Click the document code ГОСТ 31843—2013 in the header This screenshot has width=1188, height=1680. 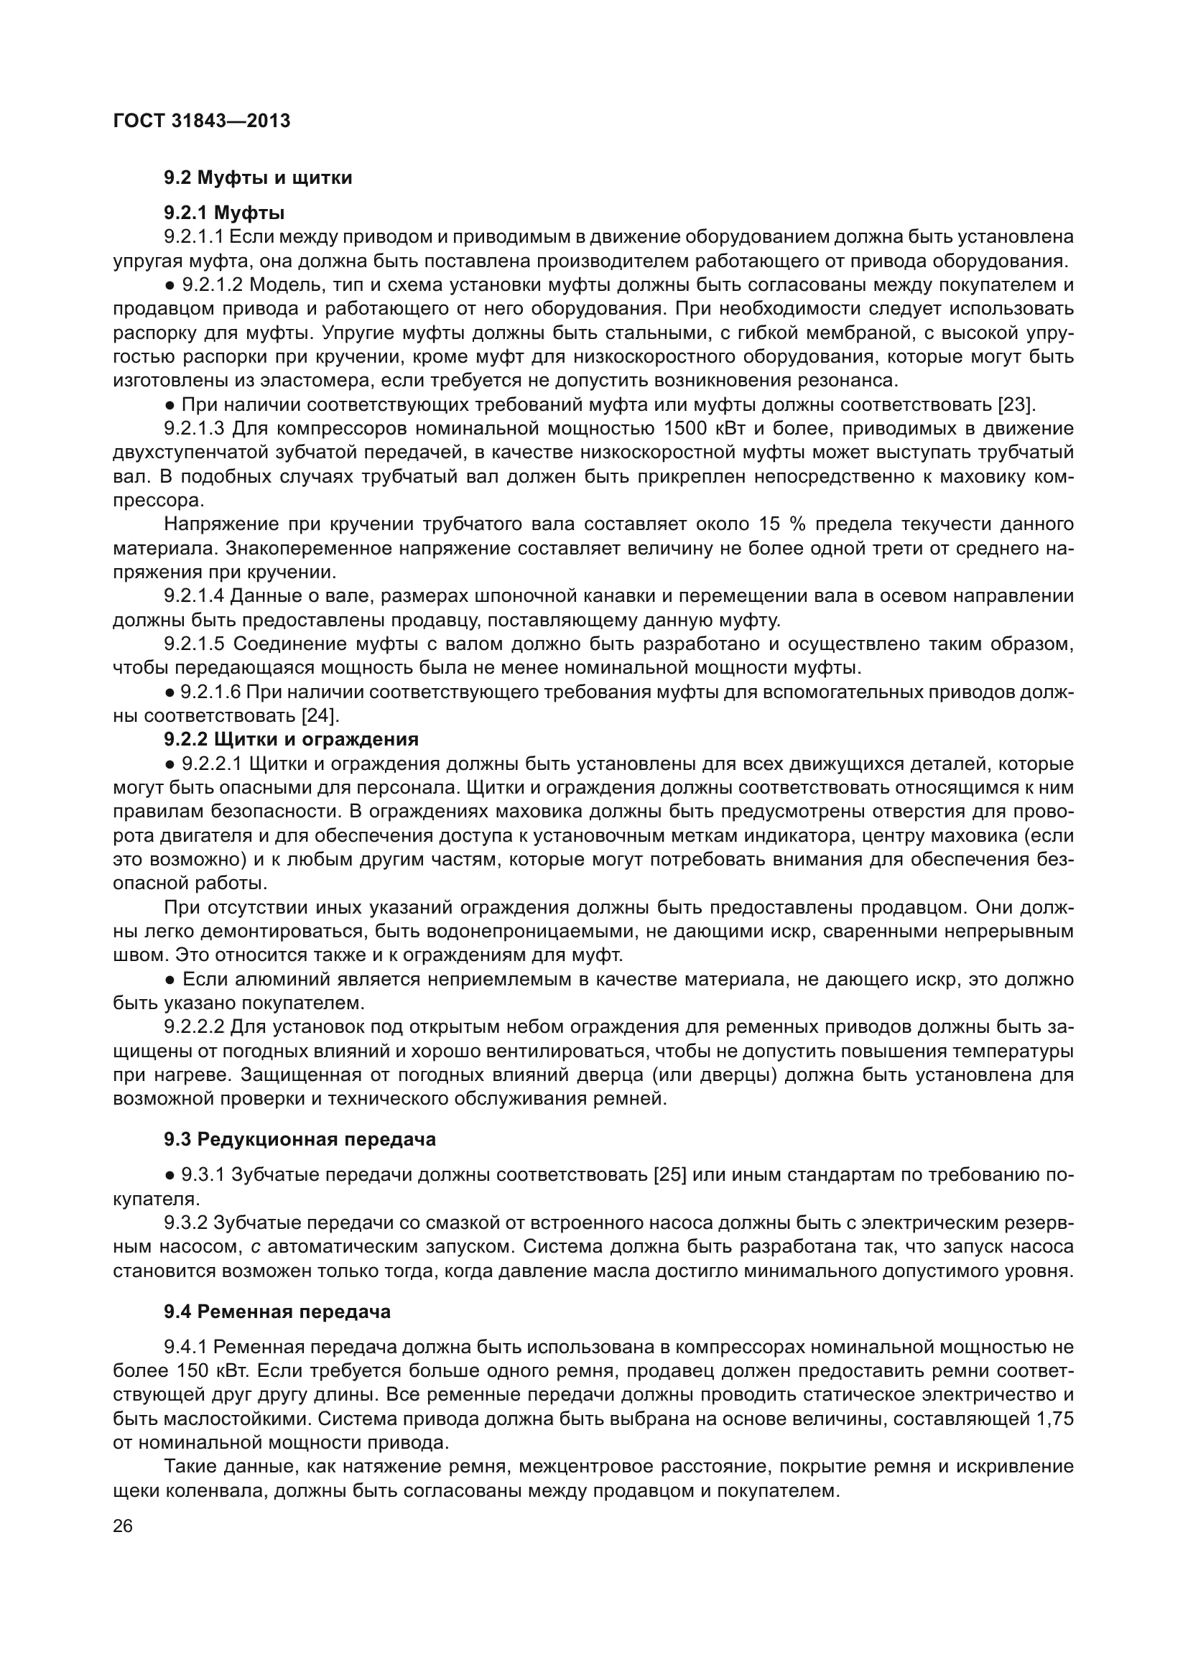pyautogui.click(x=202, y=121)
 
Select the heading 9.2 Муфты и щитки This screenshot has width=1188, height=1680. pyautogui.click(x=258, y=178)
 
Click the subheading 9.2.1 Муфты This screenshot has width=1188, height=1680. pyautogui.click(x=224, y=213)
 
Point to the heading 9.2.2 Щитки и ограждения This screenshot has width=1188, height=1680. pyautogui.click(x=291, y=739)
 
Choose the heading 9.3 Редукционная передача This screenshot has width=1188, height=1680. pyautogui.click(x=300, y=1139)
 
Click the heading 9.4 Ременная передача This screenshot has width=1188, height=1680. pyautogui.click(x=277, y=1312)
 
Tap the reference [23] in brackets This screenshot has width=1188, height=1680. pyautogui.click(x=1016, y=404)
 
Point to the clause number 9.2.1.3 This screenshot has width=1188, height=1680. pyautogui.click(x=194, y=429)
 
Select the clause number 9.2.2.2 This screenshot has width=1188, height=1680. pyautogui.click(x=194, y=1027)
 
